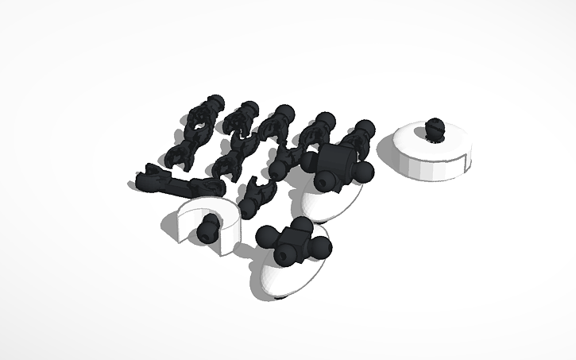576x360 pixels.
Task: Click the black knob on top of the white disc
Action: coord(434,127)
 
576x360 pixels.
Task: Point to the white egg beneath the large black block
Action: coord(330,202)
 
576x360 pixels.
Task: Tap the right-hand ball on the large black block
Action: coord(364,172)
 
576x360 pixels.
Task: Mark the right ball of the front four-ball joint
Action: coord(321,249)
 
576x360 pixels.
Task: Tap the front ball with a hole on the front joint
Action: coord(286,254)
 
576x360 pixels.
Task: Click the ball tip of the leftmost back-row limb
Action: coord(213,103)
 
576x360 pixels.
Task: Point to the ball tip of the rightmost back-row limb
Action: coord(366,127)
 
